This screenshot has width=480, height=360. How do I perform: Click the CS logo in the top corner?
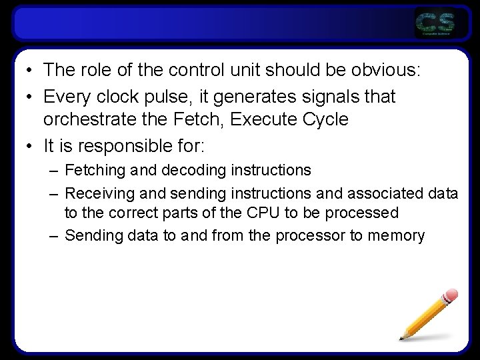tap(435, 23)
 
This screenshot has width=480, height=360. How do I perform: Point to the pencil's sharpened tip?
tap(402, 338)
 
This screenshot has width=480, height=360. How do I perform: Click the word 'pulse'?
tap(175, 97)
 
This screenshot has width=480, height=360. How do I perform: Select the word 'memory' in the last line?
tap(395, 235)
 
